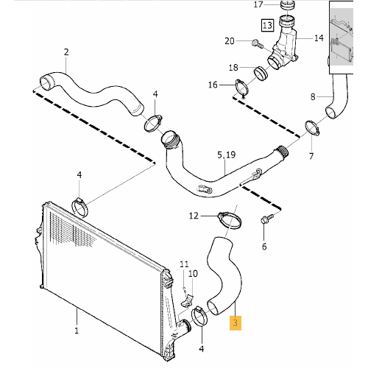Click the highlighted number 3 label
pos(235,322)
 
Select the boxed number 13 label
pos(266,26)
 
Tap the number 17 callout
pos(258,4)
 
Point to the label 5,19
pos(227,156)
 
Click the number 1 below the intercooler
pos(77,332)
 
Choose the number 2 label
pos(66,52)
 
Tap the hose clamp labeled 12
pos(230,218)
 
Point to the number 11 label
pos(185,263)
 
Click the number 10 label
pos(193,274)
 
